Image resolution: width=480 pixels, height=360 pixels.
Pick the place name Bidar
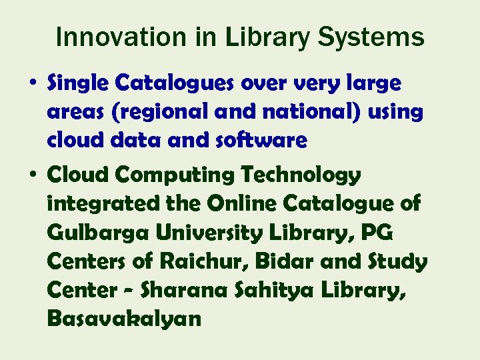pyautogui.click(x=286, y=261)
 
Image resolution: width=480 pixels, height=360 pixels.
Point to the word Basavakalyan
pyautogui.click(x=124, y=319)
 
